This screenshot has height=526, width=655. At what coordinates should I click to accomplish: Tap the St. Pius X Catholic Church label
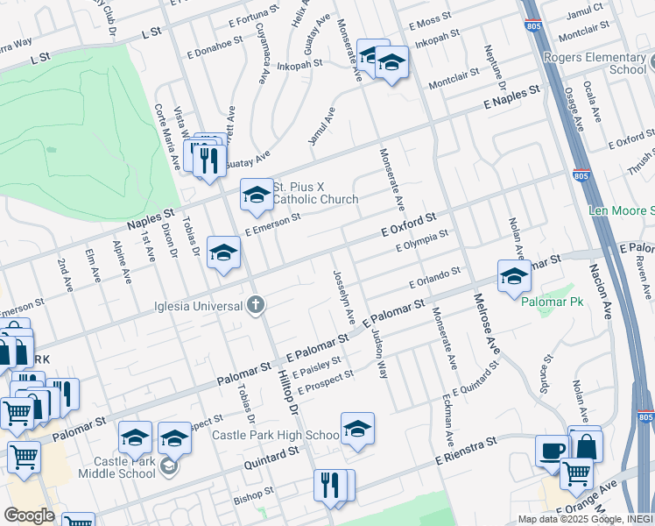point(315,193)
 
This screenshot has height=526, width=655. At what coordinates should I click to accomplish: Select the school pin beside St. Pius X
point(257,195)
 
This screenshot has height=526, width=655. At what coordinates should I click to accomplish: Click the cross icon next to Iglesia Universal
point(255,305)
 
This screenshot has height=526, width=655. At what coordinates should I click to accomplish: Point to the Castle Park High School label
point(275,435)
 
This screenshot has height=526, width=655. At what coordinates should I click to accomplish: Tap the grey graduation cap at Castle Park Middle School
point(168,466)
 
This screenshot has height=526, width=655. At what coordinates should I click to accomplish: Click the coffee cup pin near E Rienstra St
point(552,449)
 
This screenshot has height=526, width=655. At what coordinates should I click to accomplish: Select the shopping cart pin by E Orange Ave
point(576,473)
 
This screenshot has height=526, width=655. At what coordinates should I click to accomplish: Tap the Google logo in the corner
point(29,515)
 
